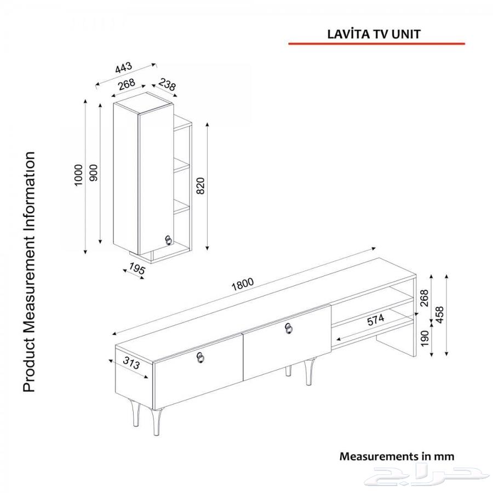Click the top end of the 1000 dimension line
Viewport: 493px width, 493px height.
click(x=85, y=99)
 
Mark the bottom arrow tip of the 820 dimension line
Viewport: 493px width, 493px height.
click(x=207, y=250)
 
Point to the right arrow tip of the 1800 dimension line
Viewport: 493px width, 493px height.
click(x=376, y=248)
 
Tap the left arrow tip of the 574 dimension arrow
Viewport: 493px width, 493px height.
click(x=337, y=339)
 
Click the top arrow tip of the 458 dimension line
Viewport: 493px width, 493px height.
click(x=446, y=274)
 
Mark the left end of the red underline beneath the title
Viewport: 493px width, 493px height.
click(x=289, y=44)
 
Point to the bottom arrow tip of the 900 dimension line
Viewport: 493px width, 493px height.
click(x=100, y=243)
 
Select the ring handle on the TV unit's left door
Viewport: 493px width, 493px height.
click(x=200, y=358)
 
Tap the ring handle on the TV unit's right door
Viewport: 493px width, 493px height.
click(x=289, y=328)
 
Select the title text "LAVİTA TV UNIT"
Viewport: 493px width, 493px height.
click(x=374, y=34)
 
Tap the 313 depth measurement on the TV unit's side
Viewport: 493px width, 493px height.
click(x=131, y=363)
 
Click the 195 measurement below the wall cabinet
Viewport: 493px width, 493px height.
click(x=137, y=269)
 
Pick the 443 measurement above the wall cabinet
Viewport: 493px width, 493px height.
click(x=124, y=67)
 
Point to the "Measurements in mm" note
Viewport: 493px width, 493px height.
click(x=397, y=456)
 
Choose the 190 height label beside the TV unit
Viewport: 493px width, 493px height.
click(x=425, y=339)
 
